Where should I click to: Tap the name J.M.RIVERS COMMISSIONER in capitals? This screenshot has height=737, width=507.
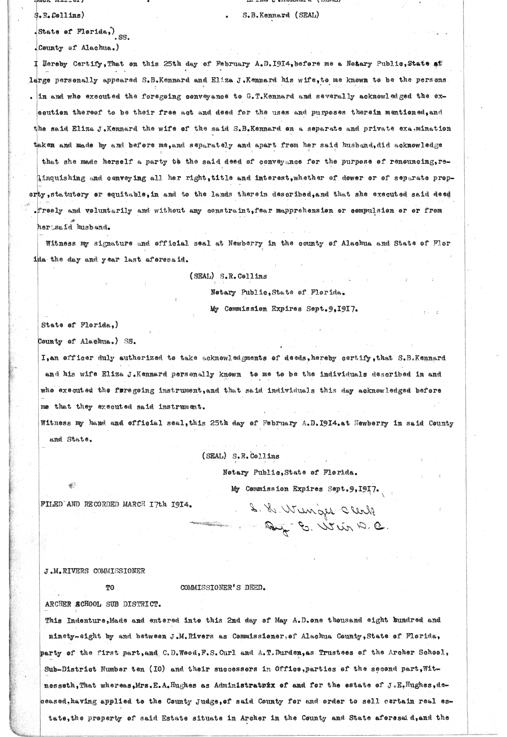(x=95, y=571)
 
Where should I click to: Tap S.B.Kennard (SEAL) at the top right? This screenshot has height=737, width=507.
(x=281, y=16)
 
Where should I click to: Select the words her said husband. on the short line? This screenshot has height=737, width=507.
(x=74, y=227)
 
